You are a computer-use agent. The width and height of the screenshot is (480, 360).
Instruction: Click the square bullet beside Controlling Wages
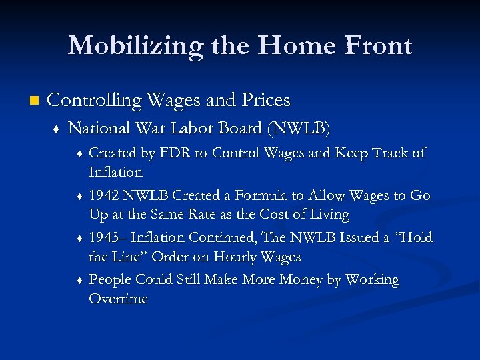tap(26, 101)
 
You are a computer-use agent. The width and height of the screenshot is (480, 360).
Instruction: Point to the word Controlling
tap(95, 101)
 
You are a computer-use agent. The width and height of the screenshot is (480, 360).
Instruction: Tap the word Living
tap(327, 214)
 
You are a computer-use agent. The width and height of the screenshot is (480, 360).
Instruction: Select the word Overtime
tap(118, 299)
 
